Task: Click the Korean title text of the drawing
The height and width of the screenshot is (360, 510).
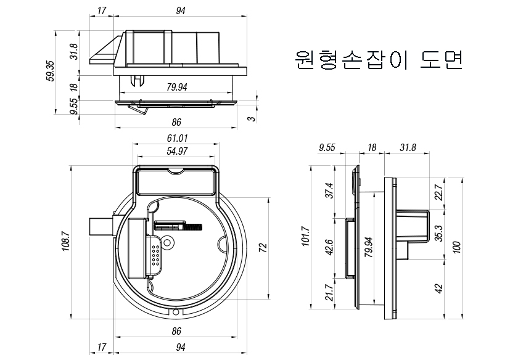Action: point(378,60)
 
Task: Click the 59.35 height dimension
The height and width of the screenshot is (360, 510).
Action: point(51,72)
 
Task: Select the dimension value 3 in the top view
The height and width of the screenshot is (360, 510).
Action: point(252,118)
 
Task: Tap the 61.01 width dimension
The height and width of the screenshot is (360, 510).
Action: point(177,138)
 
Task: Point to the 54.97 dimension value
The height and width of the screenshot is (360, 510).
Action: point(177,151)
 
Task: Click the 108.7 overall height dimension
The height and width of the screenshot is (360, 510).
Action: point(65,241)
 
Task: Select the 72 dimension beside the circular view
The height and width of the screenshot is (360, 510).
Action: point(263,248)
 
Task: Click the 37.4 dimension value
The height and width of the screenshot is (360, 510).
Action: point(329,190)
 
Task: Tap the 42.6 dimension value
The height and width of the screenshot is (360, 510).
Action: point(329,247)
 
